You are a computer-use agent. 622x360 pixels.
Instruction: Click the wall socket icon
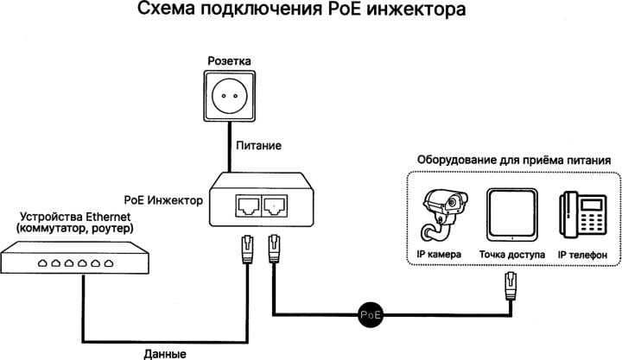point(229,96)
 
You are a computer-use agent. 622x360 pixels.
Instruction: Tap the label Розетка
point(229,61)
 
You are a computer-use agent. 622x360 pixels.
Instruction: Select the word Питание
point(258,146)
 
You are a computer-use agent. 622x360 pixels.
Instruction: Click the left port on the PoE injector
point(248,205)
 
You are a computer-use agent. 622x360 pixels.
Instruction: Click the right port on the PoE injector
point(275,205)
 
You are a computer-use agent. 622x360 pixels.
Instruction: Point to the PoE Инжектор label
point(163,200)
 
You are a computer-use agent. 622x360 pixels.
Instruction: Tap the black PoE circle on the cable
point(371,315)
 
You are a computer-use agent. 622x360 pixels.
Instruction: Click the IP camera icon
point(444,214)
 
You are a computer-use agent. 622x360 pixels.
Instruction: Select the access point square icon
point(512,214)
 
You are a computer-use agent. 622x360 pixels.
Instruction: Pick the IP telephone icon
point(583,214)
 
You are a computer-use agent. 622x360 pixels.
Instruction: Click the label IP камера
point(439,254)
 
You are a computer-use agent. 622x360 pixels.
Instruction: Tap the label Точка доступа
point(512,255)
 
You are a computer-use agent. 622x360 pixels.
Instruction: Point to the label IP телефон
point(582,255)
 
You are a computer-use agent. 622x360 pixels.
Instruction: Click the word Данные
point(165,354)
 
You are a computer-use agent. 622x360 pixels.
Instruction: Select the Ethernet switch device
point(74,258)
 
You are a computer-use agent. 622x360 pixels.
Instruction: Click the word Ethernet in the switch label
point(108,217)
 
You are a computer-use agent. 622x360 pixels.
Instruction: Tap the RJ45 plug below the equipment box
point(511,287)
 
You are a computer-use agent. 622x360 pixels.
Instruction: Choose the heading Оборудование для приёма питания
point(514,161)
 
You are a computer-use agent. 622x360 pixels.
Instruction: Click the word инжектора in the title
point(416,9)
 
